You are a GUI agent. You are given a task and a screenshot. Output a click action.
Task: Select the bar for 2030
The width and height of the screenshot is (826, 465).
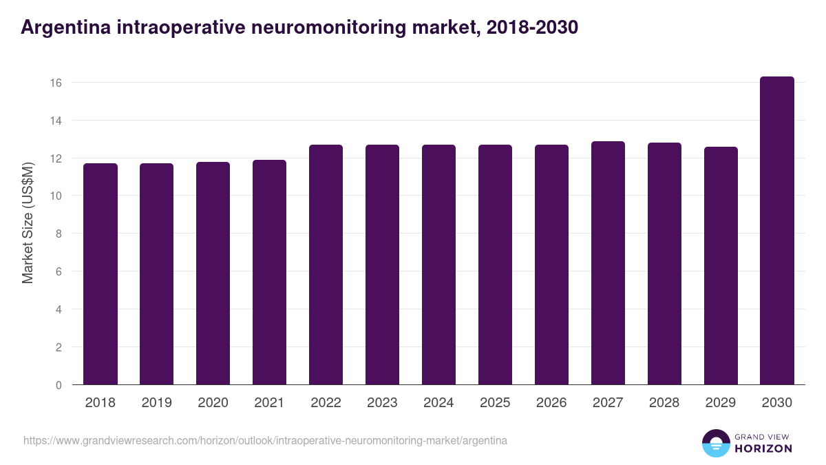(x=777, y=231)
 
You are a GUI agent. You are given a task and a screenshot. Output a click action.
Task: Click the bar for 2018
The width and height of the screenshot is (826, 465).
(x=100, y=274)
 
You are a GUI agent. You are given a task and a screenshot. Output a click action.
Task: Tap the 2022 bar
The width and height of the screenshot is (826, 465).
(x=326, y=265)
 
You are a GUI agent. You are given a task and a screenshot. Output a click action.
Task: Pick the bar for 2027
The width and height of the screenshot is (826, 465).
(x=608, y=263)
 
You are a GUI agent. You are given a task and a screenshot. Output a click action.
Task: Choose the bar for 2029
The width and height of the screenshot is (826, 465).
(x=721, y=266)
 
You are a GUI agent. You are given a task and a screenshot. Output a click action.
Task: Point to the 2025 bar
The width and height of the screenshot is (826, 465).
(x=495, y=265)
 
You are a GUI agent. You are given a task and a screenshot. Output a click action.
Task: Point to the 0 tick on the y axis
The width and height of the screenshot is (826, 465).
(x=59, y=385)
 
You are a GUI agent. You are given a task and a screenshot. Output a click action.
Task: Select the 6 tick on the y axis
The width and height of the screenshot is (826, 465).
(x=59, y=271)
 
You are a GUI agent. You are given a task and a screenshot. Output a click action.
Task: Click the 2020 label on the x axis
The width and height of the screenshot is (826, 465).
(x=213, y=403)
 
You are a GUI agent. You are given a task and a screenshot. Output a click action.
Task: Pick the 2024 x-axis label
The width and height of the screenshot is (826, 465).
(x=438, y=403)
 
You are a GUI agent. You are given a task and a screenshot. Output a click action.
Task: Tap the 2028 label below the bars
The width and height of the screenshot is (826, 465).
(x=664, y=403)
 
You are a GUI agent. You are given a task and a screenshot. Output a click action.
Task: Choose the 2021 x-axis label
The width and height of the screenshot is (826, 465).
(x=269, y=403)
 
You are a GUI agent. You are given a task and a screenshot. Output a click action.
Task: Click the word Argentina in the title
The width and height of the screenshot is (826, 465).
(x=63, y=28)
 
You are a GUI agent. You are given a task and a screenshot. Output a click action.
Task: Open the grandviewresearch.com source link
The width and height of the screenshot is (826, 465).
(x=265, y=440)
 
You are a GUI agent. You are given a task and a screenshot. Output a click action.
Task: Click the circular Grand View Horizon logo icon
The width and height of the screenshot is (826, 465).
(x=716, y=443)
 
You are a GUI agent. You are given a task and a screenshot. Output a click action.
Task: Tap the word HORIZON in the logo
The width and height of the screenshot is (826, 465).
(x=763, y=448)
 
